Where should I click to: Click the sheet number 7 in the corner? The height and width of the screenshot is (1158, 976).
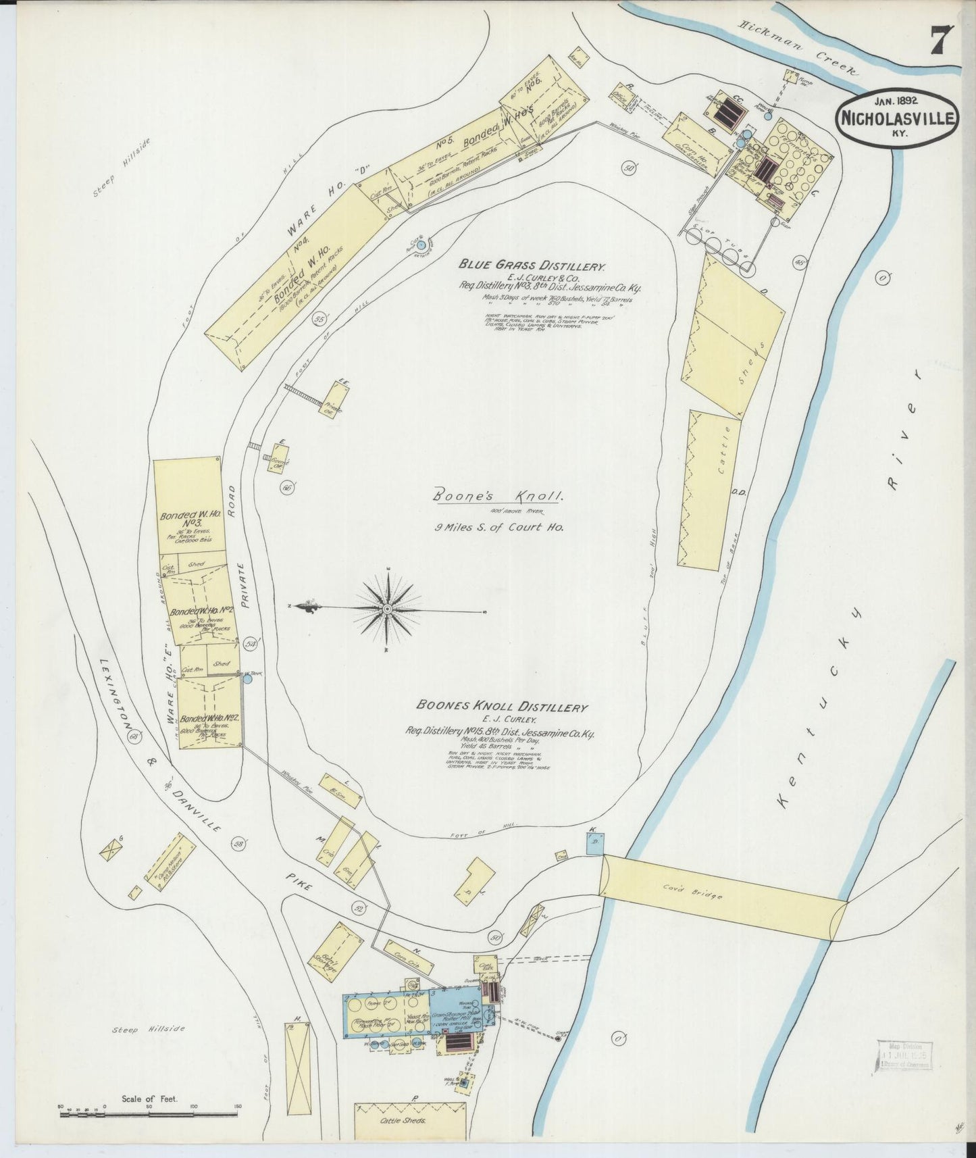tap(940, 40)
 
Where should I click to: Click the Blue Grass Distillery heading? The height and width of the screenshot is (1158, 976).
tap(533, 266)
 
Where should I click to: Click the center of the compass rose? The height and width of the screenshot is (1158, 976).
tap(388, 609)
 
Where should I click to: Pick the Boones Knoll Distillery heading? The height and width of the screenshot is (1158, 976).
tap(501, 707)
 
